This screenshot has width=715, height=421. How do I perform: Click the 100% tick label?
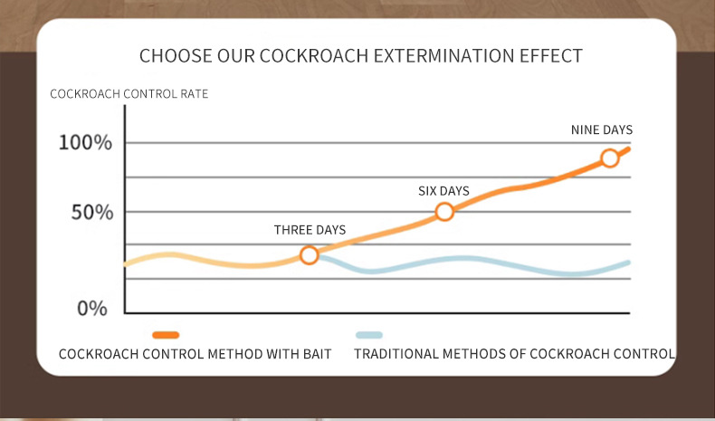(85, 143)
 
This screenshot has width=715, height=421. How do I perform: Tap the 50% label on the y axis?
(91, 213)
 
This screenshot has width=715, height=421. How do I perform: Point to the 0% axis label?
(91, 309)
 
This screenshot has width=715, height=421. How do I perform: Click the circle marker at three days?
(309, 255)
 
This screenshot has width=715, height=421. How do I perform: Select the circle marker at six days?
(444, 212)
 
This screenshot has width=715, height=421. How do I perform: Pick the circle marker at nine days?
(610, 158)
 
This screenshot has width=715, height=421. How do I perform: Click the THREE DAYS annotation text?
(310, 230)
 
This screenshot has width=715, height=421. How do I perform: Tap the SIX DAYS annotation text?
(443, 190)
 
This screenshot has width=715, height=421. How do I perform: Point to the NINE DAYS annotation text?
(601, 130)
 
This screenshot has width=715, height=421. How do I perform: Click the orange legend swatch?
(166, 335)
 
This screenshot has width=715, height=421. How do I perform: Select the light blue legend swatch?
(369, 335)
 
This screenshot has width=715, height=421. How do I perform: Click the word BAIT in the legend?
(314, 354)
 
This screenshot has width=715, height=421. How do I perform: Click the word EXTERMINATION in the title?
(432, 56)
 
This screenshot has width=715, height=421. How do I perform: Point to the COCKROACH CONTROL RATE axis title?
(129, 94)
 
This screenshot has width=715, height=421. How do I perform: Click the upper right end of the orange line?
(627, 148)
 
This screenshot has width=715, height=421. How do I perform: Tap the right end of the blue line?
(628, 263)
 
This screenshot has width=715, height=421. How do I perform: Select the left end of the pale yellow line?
(126, 264)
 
